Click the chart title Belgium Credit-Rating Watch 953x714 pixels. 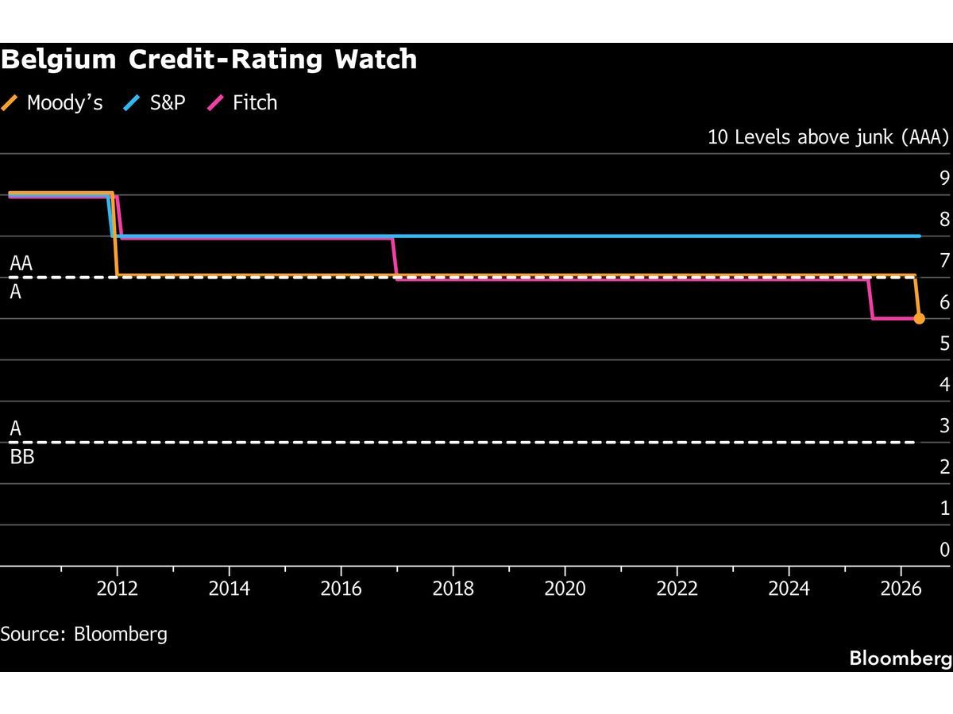click(209, 59)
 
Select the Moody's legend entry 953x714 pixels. click(53, 102)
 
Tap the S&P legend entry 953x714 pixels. click(155, 102)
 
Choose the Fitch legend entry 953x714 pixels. click(243, 102)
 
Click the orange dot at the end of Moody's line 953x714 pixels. click(919, 318)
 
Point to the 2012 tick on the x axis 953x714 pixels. click(118, 589)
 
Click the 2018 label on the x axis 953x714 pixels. click(453, 589)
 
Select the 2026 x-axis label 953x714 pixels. click(900, 589)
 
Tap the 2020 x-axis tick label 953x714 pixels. click(565, 589)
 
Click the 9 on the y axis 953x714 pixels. click(944, 178)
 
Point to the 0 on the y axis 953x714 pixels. click(944, 549)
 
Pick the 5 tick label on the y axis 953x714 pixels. click(944, 343)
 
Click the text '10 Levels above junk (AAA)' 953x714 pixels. click(828, 137)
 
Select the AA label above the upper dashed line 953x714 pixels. click(21, 263)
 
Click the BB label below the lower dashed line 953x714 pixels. click(22, 457)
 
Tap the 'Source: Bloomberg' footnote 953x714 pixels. click(84, 634)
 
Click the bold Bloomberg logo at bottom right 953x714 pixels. click(900, 658)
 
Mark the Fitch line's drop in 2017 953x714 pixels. click(395, 258)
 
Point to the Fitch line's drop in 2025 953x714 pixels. click(871, 299)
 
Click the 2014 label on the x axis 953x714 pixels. click(229, 589)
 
